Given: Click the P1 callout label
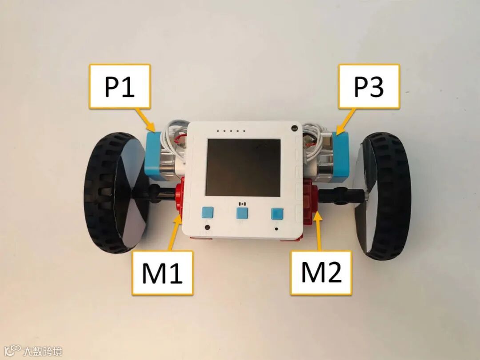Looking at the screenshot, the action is pos(120,86).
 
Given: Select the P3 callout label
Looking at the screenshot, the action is pos(368,86).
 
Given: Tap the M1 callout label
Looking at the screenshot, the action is pos(162,272).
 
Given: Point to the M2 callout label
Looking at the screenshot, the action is pos(321,272).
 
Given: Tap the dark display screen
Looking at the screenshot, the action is pos(243,167).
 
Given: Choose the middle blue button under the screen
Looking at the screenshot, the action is pos(243,213).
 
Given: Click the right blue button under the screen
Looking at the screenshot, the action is pos(277,214).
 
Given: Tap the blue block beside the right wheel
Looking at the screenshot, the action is pos(340,156).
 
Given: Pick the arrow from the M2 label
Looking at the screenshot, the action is pos(319,232).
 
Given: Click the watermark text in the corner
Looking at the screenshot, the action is pos(42,351).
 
